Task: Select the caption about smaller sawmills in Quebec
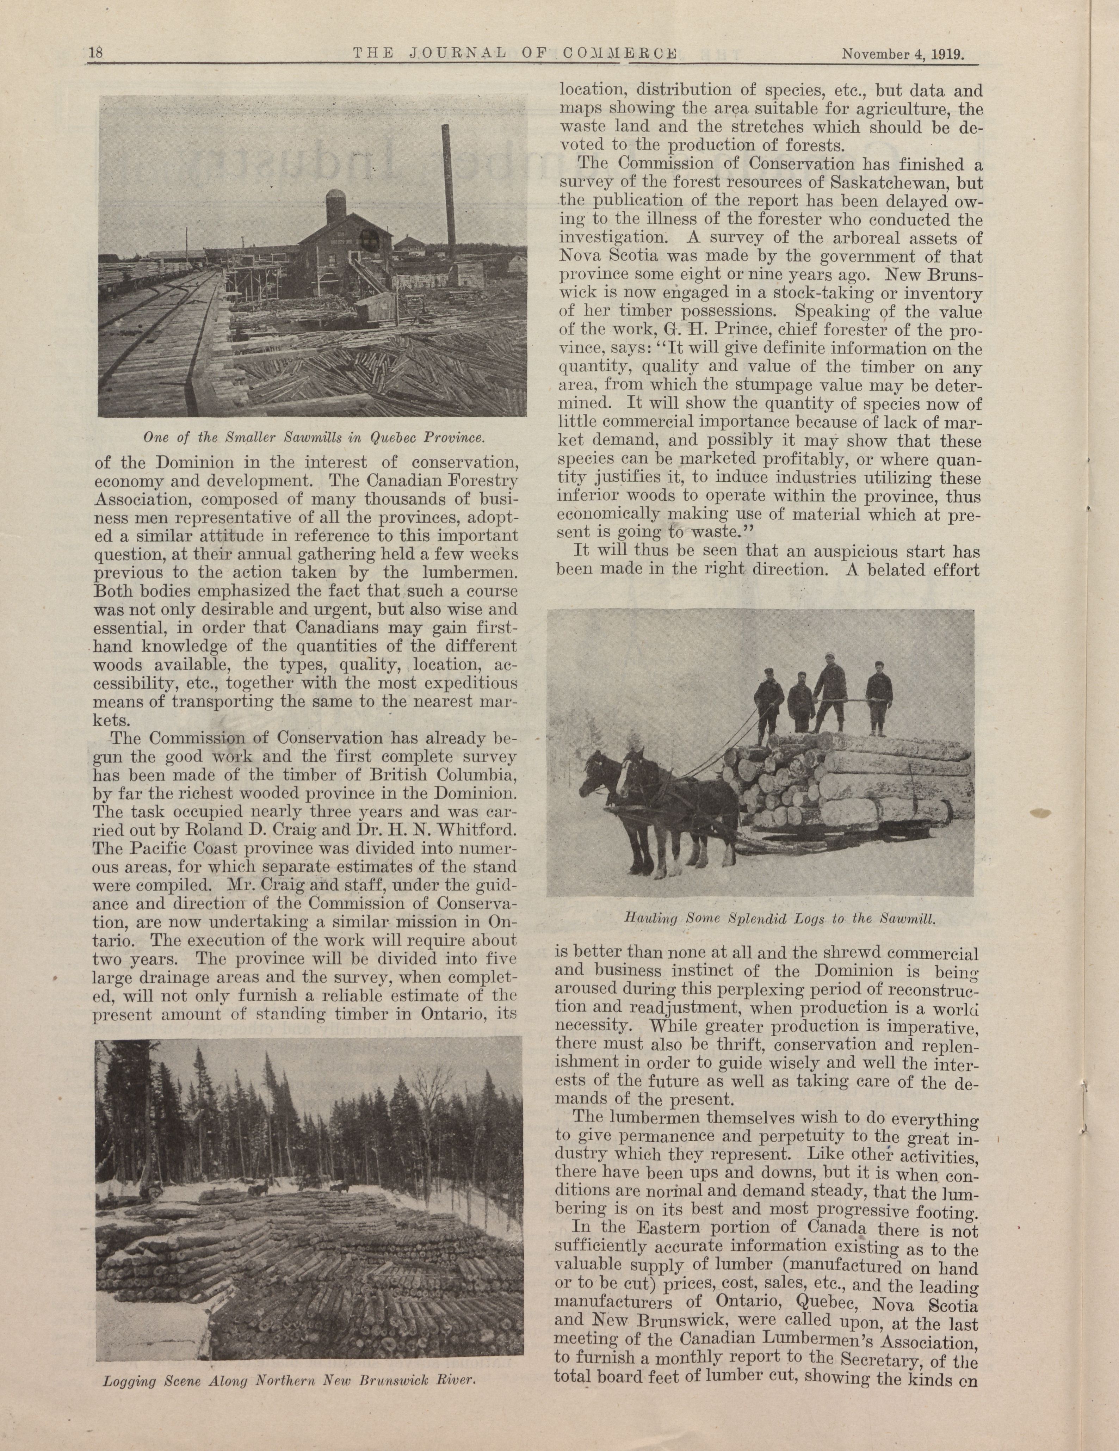point(312,438)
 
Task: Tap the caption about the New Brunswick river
point(289,1380)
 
